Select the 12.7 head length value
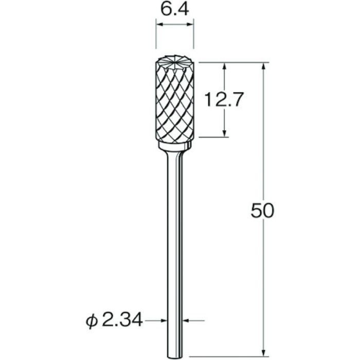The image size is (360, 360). [x=223, y=99]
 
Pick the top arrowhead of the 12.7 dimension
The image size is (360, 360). [x=225, y=66]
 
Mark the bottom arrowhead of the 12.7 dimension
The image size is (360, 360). [x=225, y=134]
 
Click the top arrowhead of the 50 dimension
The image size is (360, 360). [x=265, y=66]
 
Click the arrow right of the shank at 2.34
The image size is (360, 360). [x=188, y=321]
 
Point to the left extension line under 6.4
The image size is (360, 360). [x=156, y=36]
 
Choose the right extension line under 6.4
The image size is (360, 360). [x=194, y=36]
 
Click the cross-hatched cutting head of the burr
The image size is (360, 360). [x=175, y=108]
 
